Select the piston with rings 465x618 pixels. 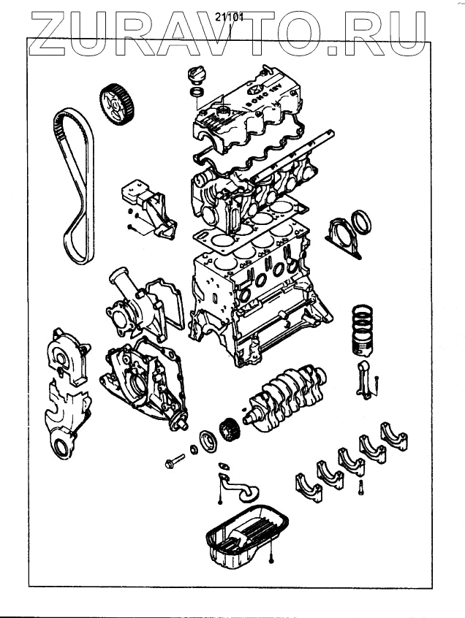click(363, 329)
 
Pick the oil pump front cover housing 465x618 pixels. click(143, 380)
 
